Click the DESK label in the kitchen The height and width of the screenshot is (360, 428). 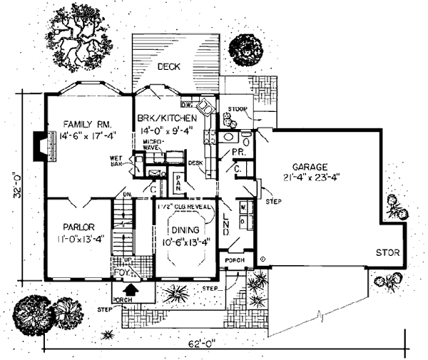point(195,163)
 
